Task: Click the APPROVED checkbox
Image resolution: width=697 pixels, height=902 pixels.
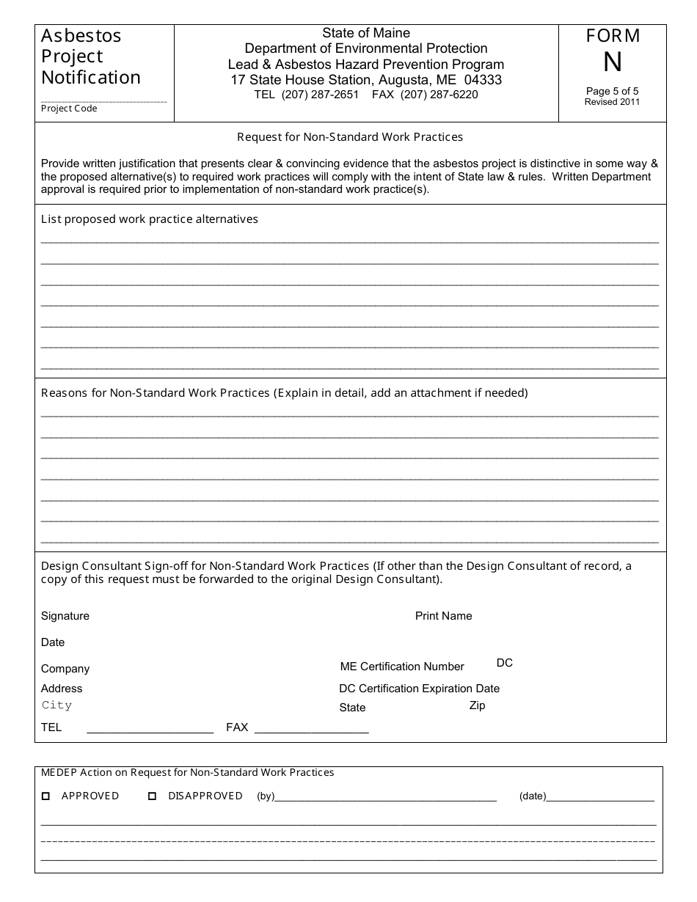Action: (x=45, y=796)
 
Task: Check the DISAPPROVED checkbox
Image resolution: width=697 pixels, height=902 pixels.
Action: (x=153, y=796)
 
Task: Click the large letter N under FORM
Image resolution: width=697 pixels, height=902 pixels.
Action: (x=612, y=64)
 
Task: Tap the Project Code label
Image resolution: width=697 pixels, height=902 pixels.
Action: (x=69, y=109)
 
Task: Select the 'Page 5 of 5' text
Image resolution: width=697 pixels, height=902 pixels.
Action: (x=612, y=91)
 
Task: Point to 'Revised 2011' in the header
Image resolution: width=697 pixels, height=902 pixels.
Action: (x=612, y=102)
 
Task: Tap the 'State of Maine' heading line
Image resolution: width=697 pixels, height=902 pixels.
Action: (x=366, y=33)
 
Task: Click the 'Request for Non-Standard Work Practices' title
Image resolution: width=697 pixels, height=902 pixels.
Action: (x=350, y=136)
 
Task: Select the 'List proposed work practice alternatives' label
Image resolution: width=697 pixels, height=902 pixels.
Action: (x=150, y=219)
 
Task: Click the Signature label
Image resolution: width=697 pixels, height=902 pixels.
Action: (x=65, y=616)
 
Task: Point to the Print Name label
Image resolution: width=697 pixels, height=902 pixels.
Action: (x=443, y=616)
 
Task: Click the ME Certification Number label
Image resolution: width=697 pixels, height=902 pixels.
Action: (x=402, y=667)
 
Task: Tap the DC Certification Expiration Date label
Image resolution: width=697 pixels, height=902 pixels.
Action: (x=419, y=689)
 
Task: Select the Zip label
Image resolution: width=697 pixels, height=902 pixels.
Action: (x=477, y=705)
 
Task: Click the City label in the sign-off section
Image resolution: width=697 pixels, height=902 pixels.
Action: (x=56, y=705)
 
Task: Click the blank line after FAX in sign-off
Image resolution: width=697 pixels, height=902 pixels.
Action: (x=311, y=728)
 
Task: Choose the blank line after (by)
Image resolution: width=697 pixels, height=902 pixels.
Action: (x=386, y=796)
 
